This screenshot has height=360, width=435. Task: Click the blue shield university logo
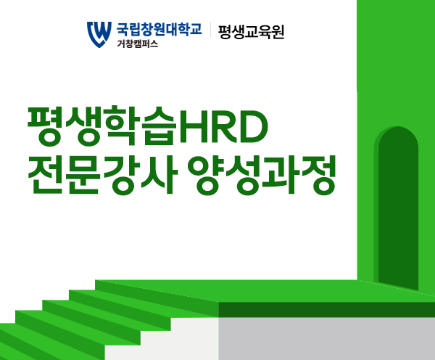pyautogui.click(x=99, y=34)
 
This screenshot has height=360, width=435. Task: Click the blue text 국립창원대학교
pyautogui.click(x=159, y=29)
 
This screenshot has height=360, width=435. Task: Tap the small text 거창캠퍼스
pyautogui.click(x=137, y=44)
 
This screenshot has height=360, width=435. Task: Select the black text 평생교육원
pyautogui.click(x=251, y=32)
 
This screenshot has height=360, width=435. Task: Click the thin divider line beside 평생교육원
pyautogui.click(x=210, y=30)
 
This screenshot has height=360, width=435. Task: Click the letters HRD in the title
pyautogui.click(x=224, y=126)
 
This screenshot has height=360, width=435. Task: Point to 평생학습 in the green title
pyautogui.click(x=102, y=126)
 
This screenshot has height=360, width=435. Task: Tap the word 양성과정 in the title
pyautogui.click(x=262, y=175)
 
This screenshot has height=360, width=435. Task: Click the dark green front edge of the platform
pyautogui.click(x=326, y=309)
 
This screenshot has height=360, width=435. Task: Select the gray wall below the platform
pyautogui.click(x=326, y=339)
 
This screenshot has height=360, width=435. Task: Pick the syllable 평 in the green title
pyautogui.click(x=46, y=126)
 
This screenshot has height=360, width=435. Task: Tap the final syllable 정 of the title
pyautogui.click(x=318, y=175)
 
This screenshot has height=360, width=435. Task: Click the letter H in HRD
pyautogui.click(x=193, y=127)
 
